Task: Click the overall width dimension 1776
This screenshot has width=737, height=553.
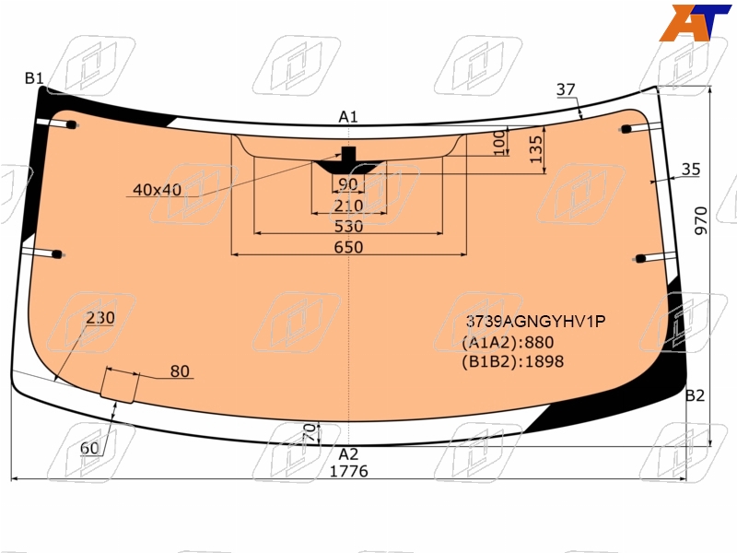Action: pos(348,471)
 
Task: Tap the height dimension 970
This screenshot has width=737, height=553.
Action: pos(701,220)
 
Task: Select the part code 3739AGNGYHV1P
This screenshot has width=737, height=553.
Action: pos(535,321)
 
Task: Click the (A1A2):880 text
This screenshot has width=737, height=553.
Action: pos(508,342)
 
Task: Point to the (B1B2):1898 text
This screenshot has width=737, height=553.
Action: pos(513,361)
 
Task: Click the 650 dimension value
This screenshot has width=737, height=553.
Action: pos(348,247)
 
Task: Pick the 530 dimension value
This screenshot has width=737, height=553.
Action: pos(348,226)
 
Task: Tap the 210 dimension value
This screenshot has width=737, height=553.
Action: pos(348,206)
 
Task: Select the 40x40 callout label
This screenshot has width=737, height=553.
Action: pos(157,190)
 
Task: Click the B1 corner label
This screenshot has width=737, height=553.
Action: pos(34,78)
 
